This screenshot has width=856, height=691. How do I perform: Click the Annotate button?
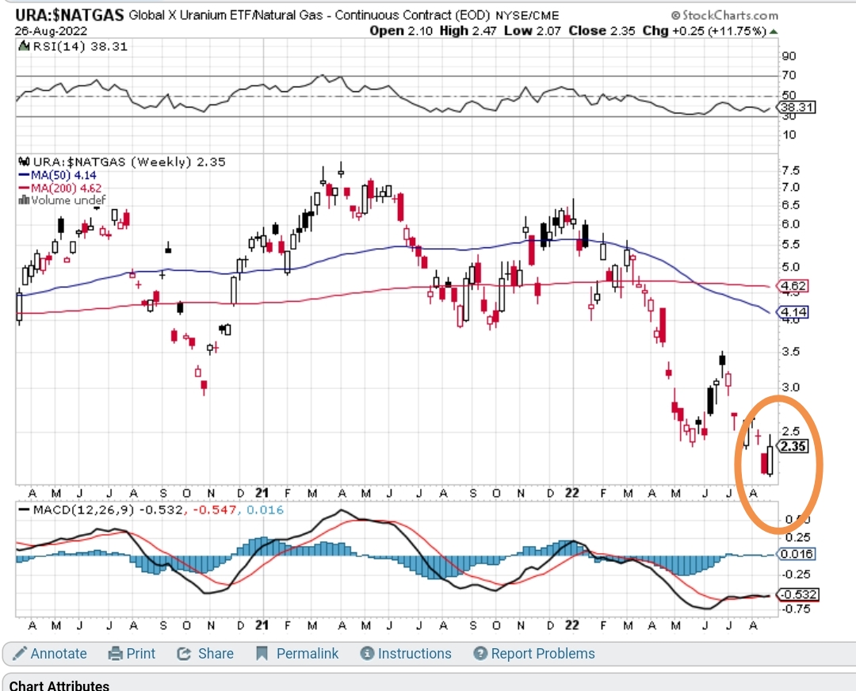click(x=51, y=654)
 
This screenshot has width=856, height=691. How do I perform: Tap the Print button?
click(x=132, y=654)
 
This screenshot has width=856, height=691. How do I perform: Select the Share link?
click(x=205, y=654)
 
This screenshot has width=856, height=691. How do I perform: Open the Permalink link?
click(x=297, y=654)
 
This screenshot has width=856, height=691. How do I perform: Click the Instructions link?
click(x=406, y=654)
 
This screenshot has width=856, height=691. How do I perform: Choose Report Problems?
click(x=534, y=654)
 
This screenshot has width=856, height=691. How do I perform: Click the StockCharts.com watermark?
click(x=724, y=15)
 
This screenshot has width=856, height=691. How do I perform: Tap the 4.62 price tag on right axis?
click(x=793, y=285)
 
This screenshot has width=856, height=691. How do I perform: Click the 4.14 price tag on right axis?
click(x=793, y=312)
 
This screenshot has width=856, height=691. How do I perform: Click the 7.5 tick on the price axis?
click(x=790, y=170)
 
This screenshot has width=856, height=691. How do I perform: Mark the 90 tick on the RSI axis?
click(x=789, y=56)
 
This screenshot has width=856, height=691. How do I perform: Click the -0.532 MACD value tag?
click(x=797, y=594)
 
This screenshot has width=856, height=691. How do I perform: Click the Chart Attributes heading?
click(x=59, y=685)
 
